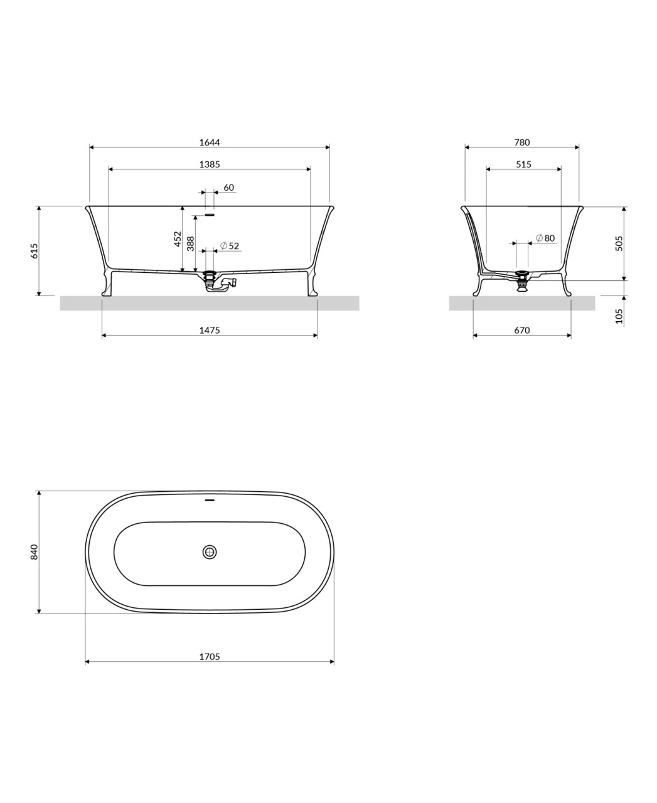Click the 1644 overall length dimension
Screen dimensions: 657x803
pyautogui.click(x=210, y=142)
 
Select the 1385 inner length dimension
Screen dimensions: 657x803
pyautogui.click(x=210, y=164)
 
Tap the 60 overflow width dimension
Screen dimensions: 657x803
pyautogui.click(x=228, y=188)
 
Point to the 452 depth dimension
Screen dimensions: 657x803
pyautogui.click(x=178, y=239)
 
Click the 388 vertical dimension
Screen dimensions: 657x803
pyautogui.click(x=190, y=243)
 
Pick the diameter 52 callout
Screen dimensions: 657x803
pyautogui.click(x=230, y=246)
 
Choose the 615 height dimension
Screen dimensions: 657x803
pyautogui.click(x=35, y=251)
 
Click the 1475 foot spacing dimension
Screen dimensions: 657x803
pyautogui.click(x=210, y=330)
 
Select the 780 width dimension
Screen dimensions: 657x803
pyautogui.click(x=522, y=142)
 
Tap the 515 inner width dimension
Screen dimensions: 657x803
pyautogui.click(x=523, y=164)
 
